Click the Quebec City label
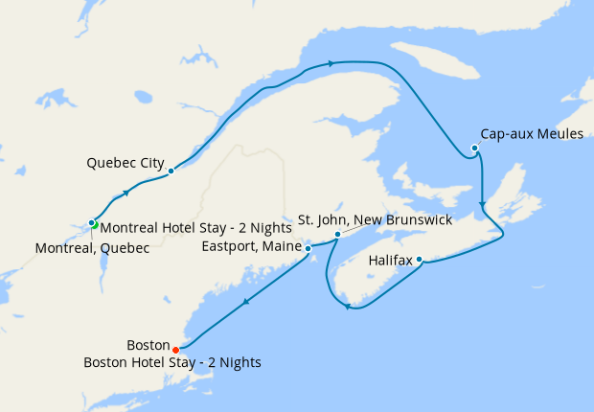pos(125,162)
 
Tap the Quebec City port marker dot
pos(171,172)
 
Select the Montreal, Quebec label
pos(92,248)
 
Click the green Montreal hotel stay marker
pos(96,226)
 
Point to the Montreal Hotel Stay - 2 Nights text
pos(194,228)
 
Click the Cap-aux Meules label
pos(532,134)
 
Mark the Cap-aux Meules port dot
pos(475,148)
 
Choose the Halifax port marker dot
pos(420,259)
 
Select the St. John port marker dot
pos(337,235)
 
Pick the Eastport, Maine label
pos(252,246)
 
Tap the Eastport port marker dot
pos(308,248)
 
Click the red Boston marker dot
pos(176,349)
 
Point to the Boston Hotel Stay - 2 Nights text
pos(172,363)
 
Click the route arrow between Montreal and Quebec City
pos(126,194)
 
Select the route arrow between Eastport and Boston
pos(246,304)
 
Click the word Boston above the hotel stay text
pos(148,346)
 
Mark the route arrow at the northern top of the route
pos(331,63)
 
